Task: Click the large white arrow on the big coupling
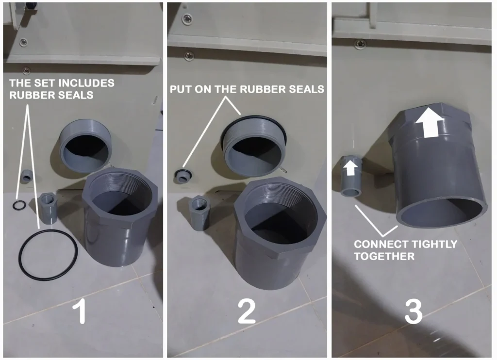430,122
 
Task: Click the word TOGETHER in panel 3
384,256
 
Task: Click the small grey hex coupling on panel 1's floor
48,209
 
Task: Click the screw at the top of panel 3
360,44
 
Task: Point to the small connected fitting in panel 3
351,176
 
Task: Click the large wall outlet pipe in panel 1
85,146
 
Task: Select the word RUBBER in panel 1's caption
29,95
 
